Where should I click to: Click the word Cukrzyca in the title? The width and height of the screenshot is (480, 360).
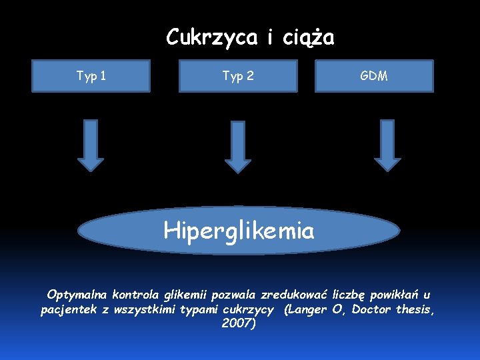pos(211,37)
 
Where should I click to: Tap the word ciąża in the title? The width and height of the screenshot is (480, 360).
pos(308,38)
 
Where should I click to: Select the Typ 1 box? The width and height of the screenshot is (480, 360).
pos(91,76)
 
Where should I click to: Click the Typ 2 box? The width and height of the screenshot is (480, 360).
pos(238,76)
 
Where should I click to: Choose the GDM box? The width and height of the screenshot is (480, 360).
pos(374,76)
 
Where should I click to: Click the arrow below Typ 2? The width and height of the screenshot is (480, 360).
pos(238,147)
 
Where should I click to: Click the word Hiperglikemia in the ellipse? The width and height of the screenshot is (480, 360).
pos(239,231)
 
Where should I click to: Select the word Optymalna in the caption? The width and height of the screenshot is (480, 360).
pos(77,294)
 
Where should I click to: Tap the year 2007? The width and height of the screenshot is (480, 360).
pos(237,325)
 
